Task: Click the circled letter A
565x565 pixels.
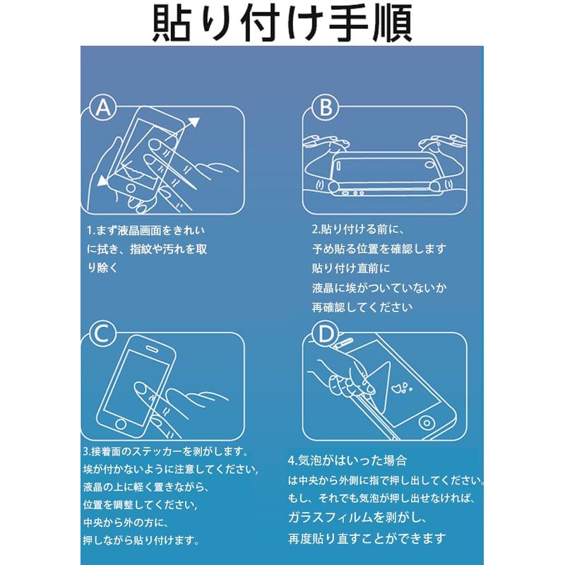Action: coord(103,107)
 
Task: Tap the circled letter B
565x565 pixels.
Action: coord(326,107)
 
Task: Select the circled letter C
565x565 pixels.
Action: coord(103,333)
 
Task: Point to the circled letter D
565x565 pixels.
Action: coord(326,333)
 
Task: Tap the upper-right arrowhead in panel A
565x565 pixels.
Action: coord(194,122)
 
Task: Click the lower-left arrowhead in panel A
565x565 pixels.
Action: coord(103,180)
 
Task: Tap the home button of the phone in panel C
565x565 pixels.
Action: coord(121,424)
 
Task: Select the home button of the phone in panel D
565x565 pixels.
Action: coord(427,422)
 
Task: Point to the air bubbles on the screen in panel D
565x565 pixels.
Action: coord(403,388)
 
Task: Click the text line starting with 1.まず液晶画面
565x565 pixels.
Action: coord(146,230)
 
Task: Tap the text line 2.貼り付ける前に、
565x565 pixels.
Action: coord(359,229)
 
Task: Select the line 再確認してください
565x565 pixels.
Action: coord(362,307)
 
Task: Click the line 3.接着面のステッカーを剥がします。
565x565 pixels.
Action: coord(166,451)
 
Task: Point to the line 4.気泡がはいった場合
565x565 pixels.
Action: coord(347,460)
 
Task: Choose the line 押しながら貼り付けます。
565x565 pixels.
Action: coord(141,540)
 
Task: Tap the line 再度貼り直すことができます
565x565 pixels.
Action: coord(367,539)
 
